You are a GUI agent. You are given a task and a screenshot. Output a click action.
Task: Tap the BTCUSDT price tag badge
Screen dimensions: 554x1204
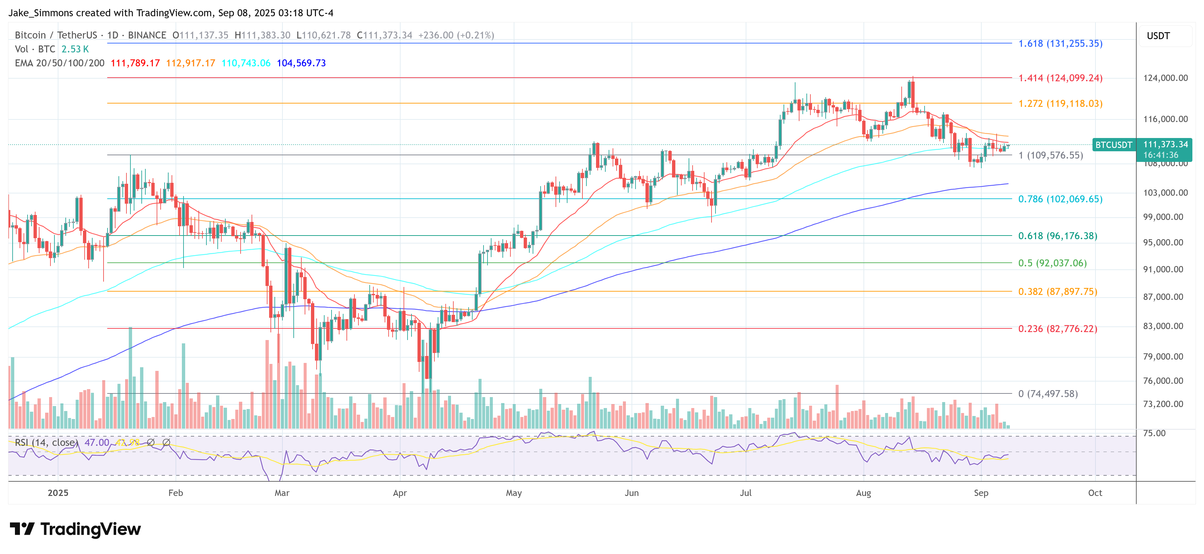1113,145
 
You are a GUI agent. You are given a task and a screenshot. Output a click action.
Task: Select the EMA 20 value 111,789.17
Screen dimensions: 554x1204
135,63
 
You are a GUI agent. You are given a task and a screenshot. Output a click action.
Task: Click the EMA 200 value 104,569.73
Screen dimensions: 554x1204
301,63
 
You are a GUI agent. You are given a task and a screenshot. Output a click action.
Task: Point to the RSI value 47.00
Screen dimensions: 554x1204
97,442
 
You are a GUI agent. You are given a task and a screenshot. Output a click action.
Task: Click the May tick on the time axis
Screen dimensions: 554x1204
514,493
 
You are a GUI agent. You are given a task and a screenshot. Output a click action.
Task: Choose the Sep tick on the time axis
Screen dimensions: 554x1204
981,493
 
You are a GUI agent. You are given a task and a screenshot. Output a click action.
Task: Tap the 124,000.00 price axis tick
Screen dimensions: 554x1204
1165,78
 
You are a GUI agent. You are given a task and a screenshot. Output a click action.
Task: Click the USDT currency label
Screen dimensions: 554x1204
1158,36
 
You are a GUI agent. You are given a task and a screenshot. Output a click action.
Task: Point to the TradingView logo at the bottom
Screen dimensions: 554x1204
75,529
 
